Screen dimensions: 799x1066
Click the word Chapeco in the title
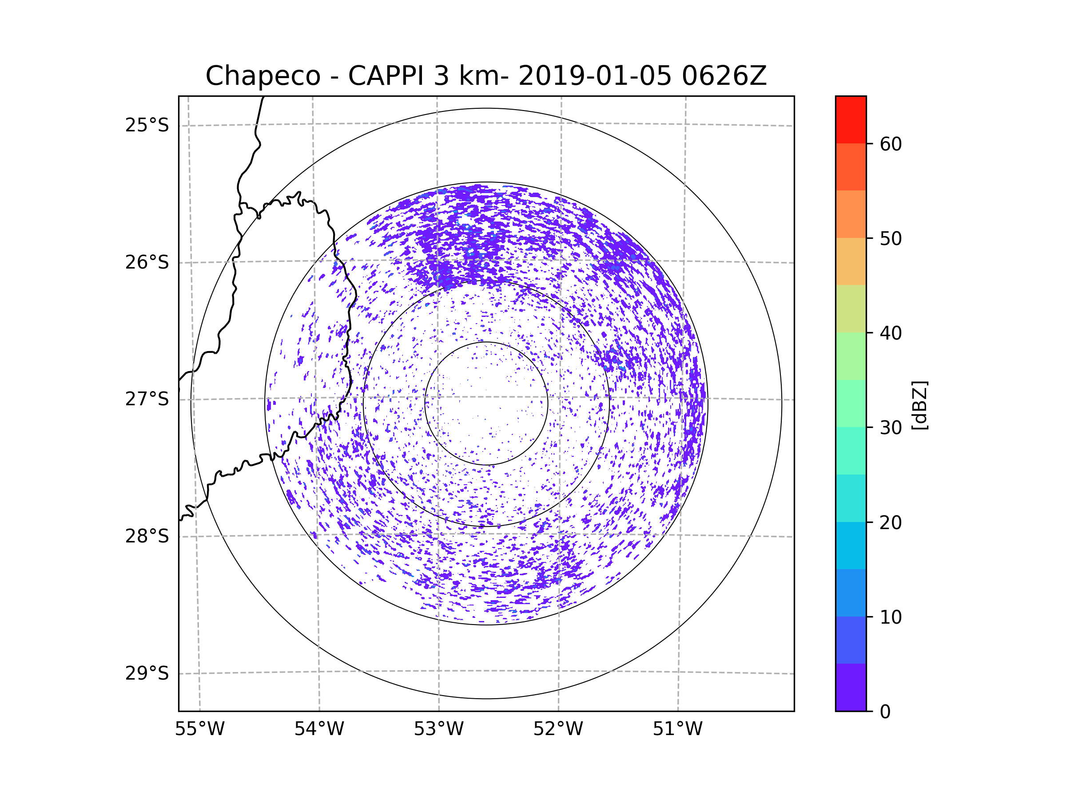click(263, 76)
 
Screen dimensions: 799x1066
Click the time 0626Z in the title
click(724, 76)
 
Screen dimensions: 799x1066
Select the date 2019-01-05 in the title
click(595, 76)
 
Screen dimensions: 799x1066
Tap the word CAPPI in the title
click(387, 76)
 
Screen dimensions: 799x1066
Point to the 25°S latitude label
click(147, 125)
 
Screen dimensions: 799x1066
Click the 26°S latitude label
click(147, 262)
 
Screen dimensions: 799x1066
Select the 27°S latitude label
click(147, 399)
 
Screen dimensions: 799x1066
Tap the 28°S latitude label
click(147, 536)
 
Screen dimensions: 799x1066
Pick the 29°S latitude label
click(147, 673)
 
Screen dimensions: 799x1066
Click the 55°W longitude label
click(199, 729)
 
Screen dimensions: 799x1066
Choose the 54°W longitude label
click(319, 729)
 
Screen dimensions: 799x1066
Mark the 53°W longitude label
click(438, 729)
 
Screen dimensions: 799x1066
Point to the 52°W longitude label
click(558, 729)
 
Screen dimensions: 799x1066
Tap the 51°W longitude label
click(677, 729)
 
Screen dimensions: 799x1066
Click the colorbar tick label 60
click(891, 144)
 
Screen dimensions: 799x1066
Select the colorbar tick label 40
click(891, 333)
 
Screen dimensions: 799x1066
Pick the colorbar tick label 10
click(891, 617)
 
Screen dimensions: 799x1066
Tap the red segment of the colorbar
click(851, 119)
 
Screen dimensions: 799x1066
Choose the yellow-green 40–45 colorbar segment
click(851, 309)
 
